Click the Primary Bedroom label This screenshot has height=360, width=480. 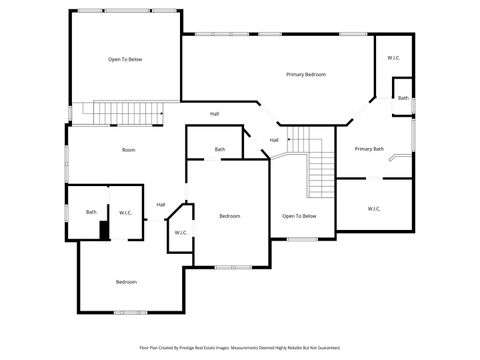(305, 75)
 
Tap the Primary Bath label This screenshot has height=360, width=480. (369, 149)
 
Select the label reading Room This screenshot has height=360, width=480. (128, 150)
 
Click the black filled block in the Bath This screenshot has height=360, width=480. (104, 229)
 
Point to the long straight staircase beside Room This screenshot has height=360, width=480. (122, 112)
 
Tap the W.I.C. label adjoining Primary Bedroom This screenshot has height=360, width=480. (394, 58)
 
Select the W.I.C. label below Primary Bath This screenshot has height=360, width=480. (373, 209)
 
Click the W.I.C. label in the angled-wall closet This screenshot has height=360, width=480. (181, 233)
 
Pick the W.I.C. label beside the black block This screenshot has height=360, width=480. (126, 212)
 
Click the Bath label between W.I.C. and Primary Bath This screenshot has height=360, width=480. (403, 98)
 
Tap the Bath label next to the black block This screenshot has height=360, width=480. (91, 212)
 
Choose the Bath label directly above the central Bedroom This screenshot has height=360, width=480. (219, 150)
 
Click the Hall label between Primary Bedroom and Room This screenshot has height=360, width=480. (214, 114)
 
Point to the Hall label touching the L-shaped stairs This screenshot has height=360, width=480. (274, 140)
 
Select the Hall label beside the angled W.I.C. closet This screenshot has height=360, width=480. (160, 205)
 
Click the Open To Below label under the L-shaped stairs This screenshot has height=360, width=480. (299, 216)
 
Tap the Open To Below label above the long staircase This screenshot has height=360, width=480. (125, 60)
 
